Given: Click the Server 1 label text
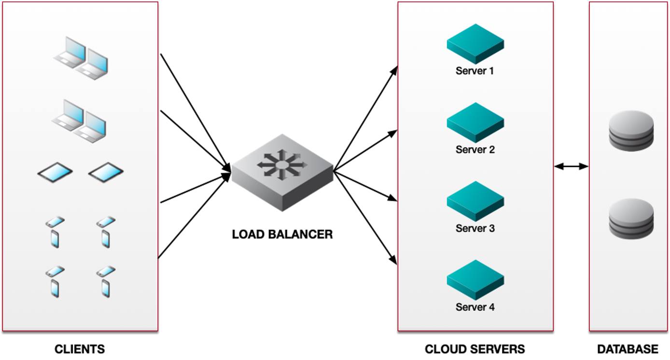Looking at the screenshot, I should tap(475, 71).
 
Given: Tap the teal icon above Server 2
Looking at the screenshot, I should tap(475, 122).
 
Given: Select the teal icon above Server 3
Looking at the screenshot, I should tap(475, 201).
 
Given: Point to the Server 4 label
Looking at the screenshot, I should tap(475, 307).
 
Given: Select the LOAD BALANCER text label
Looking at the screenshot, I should tap(282, 235).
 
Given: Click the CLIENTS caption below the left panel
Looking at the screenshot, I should tap(80, 349).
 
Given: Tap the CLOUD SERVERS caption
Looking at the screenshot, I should tap(475, 349).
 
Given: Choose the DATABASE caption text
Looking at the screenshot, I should tap(628, 349).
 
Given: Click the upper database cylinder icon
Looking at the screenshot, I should tap(631, 131).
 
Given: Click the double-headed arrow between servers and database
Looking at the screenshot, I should tap(571, 166).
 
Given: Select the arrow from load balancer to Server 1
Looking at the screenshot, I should tap(365, 118).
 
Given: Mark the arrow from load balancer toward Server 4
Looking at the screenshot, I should tap(365, 218).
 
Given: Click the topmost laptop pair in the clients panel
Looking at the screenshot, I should tap(81, 58).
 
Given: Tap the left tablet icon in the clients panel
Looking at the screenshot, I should tap(55, 172).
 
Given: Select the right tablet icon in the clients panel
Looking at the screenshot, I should tap(106, 172).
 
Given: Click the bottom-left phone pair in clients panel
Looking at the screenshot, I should tap(55, 281).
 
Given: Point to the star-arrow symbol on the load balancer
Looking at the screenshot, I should tap(282, 164).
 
